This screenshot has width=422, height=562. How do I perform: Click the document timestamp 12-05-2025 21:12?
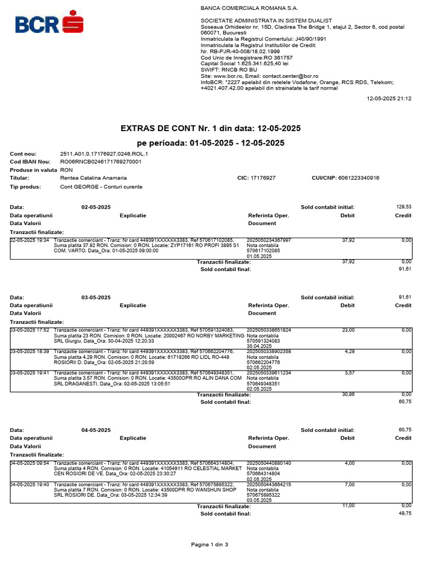tap(388, 99)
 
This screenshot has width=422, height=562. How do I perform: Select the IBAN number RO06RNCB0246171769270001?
tap(101, 162)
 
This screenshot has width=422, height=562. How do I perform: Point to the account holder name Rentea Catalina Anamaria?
tap(93, 178)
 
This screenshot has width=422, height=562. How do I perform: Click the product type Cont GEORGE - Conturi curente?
tap(101, 187)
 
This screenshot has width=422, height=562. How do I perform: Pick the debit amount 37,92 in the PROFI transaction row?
tap(348, 240)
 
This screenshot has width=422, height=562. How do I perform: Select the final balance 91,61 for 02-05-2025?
tap(404, 269)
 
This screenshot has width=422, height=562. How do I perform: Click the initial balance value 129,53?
tap(403, 207)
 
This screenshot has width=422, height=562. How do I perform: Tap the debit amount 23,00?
tap(348, 330)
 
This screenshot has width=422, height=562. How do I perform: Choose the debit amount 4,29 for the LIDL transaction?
tap(349, 351)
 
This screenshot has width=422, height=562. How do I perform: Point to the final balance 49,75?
tap(404, 513)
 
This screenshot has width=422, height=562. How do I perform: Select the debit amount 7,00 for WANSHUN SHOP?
tap(349, 485)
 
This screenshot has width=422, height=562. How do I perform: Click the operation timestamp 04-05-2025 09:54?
tap(30, 463)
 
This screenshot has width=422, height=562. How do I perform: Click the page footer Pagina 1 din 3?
tap(209, 544)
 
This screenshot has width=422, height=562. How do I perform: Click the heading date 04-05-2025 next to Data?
tap(96, 430)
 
